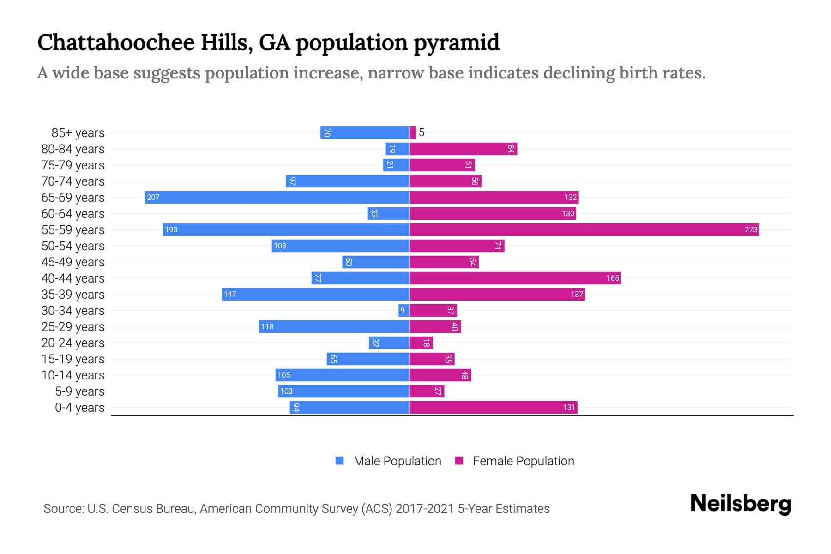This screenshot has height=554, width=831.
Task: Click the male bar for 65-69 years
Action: pyautogui.click(x=277, y=197)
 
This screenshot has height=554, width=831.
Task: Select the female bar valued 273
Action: pyautogui.click(x=584, y=229)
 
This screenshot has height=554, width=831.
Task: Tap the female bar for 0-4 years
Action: pyautogui.click(x=493, y=407)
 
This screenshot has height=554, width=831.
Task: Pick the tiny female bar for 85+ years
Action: pyautogui.click(x=413, y=132)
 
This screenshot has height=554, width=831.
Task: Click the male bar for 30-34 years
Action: pyautogui.click(x=404, y=310)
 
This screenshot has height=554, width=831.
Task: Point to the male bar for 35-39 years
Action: pyautogui.click(x=316, y=294)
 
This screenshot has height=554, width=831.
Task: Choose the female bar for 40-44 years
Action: pyautogui.click(x=515, y=278)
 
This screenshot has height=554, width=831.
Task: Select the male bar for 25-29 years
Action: pyautogui.click(x=334, y=326)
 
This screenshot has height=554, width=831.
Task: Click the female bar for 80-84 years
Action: pyautogui.click(x=463, y=149)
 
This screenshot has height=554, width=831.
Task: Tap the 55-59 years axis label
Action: pyautogui.click(x=73, y=229)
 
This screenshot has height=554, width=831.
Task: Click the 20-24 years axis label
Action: pyautogui.click(x=73, y=343)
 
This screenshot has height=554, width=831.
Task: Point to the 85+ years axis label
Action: pyautogui.click(x=78, y=132)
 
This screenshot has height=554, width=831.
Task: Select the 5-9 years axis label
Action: pyautogui.click(x=80, y=391)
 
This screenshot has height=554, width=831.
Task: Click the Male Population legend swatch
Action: pyautogui.click(x=340, y=461)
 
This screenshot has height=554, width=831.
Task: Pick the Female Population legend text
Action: pyautogui.click(x=523, y=461)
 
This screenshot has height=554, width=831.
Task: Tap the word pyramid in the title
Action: pyautogui.click(x=456, y=42)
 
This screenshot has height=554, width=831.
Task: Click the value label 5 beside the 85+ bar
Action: pyautogui.click(x=422, y=132)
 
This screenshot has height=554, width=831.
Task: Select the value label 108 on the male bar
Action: pyautogui.click(x=280, y=246)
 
